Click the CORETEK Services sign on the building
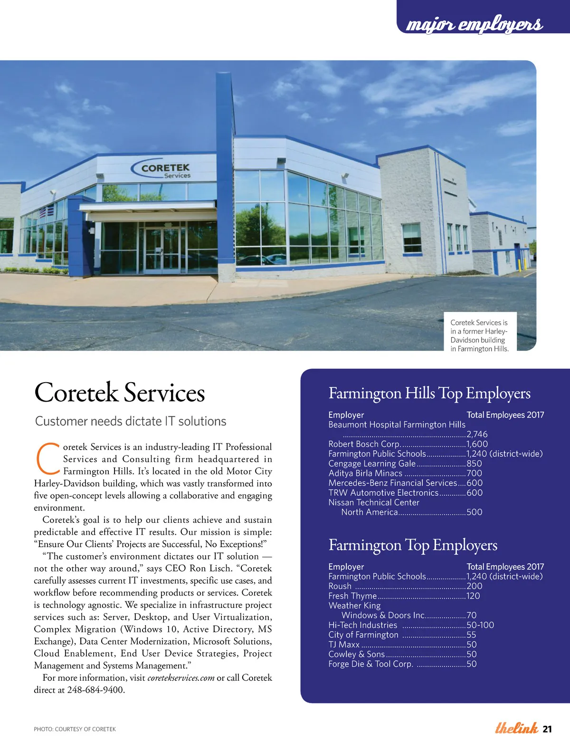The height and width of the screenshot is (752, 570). [165, 170]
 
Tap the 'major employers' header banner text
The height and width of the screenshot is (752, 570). [474, 24]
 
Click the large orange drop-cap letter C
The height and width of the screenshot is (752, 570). [47, 459]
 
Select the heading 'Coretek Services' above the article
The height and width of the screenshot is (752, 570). [119, 393]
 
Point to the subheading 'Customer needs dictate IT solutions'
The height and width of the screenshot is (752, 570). [131, 421]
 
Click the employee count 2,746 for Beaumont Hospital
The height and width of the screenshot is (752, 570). [477, 434]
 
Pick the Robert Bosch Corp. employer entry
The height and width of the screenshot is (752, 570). [364, 444]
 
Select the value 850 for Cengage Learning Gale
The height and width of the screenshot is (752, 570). [474, 463]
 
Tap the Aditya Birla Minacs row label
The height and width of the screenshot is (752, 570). [365, 473]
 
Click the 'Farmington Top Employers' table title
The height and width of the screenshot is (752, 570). [413, 545]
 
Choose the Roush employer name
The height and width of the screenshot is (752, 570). [340, 586]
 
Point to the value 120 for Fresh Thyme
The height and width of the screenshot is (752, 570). [473, 596]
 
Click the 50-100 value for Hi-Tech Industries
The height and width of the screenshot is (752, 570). [480, 625]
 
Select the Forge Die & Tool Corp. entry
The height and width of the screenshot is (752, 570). [370, 664]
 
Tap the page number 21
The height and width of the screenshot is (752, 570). [547, 729]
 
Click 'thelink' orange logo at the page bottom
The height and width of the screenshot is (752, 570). [516, 728]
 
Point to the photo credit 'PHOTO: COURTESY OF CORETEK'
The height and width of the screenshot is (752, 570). [75, 729]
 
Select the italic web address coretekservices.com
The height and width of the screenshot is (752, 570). [181, 678]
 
